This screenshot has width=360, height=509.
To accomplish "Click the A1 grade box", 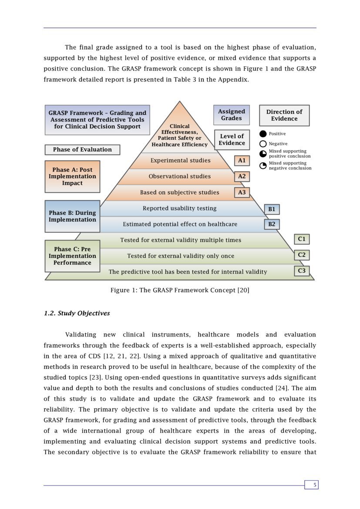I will pos(242,161).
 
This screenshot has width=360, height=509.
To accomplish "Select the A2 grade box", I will pos(242,176).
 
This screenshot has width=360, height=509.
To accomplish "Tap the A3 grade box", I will pos(242,192).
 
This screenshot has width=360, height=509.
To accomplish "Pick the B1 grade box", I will pos(272,209).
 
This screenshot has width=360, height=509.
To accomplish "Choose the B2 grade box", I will pos(272,224).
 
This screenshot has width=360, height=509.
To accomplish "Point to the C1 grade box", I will pos(302,239).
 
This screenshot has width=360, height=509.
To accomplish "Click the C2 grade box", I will pos(302,255).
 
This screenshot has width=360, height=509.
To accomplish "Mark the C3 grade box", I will pos(302,271).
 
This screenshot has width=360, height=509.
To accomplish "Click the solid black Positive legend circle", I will pos(263,134).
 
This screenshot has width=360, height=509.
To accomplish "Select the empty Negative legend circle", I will pos(263,144).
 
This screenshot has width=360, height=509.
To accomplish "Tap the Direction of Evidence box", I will pos(284,115).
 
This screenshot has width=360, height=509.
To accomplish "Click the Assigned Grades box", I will pos(232,115).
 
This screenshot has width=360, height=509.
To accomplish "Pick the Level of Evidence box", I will pos(232,140).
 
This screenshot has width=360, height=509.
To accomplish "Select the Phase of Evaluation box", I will pos(82,150).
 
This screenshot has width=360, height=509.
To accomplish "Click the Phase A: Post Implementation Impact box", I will pos(72,176).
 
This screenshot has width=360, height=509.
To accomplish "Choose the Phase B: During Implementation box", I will pos(72,216).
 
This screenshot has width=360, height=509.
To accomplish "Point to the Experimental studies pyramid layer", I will pos(180,161).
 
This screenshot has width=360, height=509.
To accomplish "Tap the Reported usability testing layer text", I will pos(179,209).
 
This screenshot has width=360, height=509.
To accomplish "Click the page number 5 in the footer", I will pos(311,485).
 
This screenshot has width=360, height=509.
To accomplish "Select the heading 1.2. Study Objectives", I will pos(77,313).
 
